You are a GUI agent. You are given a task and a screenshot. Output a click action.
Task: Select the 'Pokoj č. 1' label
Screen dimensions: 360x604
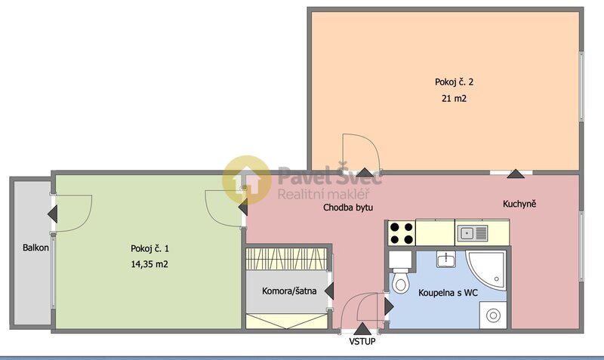pyautogui.click(x=149, y=248)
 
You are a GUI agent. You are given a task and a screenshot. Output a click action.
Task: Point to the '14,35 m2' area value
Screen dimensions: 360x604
pyautogui.click(x=149, y=264)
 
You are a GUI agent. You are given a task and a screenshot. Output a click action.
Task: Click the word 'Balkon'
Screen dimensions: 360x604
pyautogui.click(x=35, y=248)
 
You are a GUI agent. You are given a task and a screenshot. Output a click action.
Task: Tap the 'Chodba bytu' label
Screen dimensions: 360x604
pyautogui.click(x=348, y=207)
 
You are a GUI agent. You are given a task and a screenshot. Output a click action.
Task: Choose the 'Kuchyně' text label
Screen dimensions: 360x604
pyautogui.click(x=519, y=204)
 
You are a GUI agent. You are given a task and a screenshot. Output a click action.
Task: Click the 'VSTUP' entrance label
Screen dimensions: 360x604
pyautogui.click(x=362, y=341)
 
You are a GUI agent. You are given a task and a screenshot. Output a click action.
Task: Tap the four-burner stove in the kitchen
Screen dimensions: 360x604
pyautogui.click(x=401, y=232)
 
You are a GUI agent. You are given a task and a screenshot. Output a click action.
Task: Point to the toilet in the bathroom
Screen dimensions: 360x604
pyautogui.click(x=400, y=281)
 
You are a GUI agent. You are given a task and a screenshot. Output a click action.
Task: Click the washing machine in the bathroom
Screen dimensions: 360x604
pyautogui.click(x=494, y=313)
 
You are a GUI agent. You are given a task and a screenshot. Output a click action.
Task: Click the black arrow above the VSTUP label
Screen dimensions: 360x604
pyautogui.click(x=362, y=328)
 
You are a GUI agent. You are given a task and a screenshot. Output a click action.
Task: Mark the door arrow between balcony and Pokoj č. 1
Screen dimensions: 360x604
pyautogui.click(x=52, y=214)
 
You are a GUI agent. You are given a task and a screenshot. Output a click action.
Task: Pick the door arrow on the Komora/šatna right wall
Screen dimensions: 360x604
pyautogui.click(x=329, y=291)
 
